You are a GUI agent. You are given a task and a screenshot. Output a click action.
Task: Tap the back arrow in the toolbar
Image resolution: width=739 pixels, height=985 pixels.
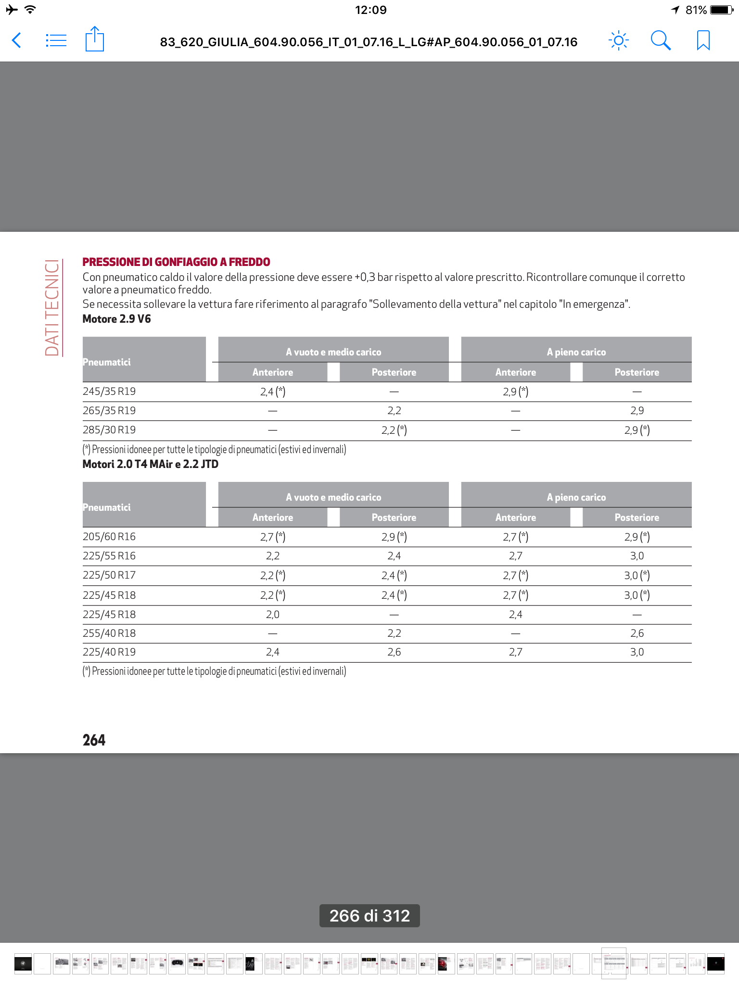click(16, 40)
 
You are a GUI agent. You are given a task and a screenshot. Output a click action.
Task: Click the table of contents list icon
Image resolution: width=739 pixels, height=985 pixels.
click(56, 40)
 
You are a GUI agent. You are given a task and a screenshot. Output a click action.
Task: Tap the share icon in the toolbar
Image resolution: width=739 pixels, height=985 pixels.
click(94, 39)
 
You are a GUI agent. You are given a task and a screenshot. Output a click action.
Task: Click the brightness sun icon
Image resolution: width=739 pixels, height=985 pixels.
click(619, 40)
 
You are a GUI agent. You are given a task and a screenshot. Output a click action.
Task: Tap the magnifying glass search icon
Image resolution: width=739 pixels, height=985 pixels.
click(661, 40)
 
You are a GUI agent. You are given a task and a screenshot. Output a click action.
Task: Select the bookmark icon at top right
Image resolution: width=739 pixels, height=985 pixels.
click(703, 40)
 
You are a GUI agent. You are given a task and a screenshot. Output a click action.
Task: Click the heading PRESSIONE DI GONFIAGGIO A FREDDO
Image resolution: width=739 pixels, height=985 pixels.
click(176, 262)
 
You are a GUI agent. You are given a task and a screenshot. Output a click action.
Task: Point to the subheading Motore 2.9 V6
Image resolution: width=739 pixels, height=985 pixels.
click(116, 319)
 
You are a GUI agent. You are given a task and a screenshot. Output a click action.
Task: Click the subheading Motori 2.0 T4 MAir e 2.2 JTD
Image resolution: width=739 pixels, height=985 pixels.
click(150, 465)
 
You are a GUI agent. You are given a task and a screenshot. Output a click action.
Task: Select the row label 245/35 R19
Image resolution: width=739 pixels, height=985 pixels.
click(109, 391)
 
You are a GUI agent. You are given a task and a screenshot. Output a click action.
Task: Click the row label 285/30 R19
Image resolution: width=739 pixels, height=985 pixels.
click(109, 430)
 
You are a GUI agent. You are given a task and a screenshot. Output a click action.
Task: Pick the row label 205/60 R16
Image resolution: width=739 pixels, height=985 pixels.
click(109, 537)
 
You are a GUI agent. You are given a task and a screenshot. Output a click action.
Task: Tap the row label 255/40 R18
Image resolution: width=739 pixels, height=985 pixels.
click(109, 633)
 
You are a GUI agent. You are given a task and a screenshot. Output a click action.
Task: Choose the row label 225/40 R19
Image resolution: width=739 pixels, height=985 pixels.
click(109, 652)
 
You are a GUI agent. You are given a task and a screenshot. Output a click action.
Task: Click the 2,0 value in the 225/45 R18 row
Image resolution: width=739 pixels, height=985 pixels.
click(273, 615)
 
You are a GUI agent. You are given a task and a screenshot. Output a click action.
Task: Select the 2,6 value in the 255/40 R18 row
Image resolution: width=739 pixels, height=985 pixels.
click(637, 633)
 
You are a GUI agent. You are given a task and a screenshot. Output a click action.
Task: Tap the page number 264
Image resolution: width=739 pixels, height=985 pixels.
click(94, 740)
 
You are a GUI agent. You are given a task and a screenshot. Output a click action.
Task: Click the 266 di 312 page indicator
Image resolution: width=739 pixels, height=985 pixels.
click(369, 916)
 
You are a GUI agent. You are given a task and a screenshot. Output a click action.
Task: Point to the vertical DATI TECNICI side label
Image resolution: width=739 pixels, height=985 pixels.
click(52, 308)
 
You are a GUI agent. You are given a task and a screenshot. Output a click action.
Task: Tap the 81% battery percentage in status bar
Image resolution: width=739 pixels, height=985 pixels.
click(696, 10)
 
